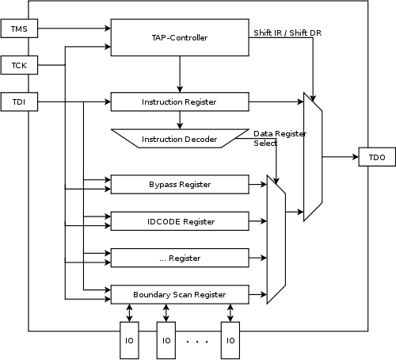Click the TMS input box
coord(20,30)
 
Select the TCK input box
coord(20,65)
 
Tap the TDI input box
coord(20,102)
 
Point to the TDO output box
coord(376,158)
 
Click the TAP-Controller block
coord(179,37)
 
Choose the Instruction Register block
coord(179,102)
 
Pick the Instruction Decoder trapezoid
coord(179,139)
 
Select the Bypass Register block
coord(179,185)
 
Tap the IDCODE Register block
coord(179,221)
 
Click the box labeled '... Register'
coord(179,258)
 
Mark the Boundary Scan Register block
coord(179,294)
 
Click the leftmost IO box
coord(129,340)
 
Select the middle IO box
coord(166,340)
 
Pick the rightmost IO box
coord(230,340)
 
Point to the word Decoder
coord(200,140)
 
